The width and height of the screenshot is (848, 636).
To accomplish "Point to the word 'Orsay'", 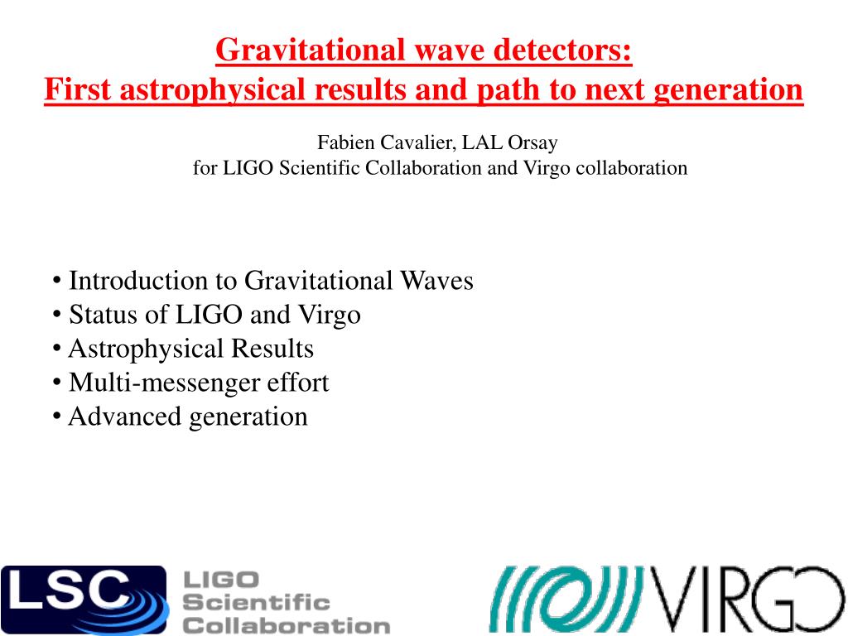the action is (532, 142).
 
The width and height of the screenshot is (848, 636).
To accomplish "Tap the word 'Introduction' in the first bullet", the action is (138, 281).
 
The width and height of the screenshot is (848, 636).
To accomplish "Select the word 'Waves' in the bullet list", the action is (436, 281).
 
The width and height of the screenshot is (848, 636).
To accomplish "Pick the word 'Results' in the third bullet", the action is (272, 349).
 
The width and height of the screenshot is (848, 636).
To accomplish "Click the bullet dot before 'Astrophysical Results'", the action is (57, 349).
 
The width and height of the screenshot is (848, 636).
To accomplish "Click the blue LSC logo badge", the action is (84, 600).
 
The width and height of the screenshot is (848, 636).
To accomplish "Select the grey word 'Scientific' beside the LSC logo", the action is (257, 603).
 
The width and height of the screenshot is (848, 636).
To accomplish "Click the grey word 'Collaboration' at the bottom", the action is (287, 626).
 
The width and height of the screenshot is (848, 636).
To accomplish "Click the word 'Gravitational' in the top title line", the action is (311, 50).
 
